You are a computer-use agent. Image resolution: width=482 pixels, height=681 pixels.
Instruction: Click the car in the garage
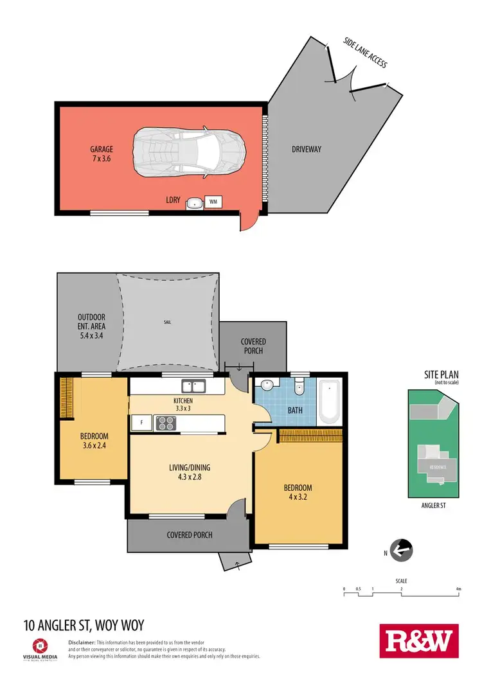click(189, 152)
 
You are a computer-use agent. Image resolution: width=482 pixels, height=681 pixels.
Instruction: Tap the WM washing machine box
click(213, 202)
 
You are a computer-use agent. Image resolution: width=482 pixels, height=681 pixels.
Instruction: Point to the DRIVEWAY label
click(306, 150)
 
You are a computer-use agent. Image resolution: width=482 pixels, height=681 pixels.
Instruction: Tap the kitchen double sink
click(193, 386)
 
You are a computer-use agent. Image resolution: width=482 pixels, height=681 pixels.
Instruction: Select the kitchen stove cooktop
click(165, 423)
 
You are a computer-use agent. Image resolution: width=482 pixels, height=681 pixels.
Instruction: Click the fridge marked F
click(140, 423)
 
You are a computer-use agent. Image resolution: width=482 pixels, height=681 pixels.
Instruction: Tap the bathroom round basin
click(267, 385)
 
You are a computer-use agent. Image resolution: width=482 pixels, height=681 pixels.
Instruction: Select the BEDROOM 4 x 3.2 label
click(298, 492)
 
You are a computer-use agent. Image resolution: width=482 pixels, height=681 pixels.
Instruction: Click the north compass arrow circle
click(402, 550)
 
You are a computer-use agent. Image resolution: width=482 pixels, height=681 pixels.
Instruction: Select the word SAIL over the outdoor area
click(168, 322)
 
